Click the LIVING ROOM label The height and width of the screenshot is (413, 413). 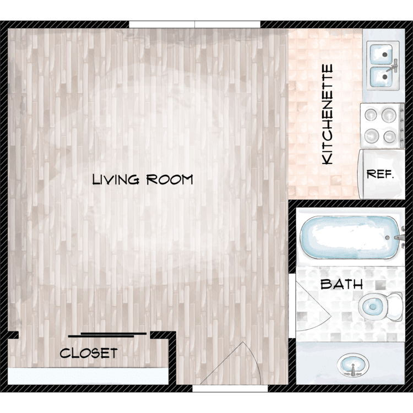(143, 180)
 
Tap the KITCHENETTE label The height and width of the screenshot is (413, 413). (328, 115)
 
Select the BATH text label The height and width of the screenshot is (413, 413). (341, 285)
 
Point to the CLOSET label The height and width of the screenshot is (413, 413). (89, 353)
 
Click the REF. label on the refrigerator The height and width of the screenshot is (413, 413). (381, 174)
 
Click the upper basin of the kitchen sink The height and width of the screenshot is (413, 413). (382, 54)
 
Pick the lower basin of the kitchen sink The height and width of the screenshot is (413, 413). (382, 77)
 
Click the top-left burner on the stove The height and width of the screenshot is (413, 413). (371, 115)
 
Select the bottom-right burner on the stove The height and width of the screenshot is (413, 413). (389, 137)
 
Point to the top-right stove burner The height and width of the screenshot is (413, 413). (389, 115)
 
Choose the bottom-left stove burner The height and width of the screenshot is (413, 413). (372, 135)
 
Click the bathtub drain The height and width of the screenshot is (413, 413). (387, 237)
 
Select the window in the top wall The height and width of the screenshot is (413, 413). (194, 24)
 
